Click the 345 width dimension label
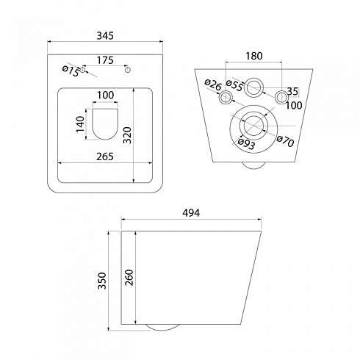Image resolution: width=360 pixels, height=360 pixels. click(x=105, y=36)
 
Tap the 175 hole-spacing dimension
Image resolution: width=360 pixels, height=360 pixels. click(x=105, y=60)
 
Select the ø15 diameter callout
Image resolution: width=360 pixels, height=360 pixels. click(x=71, y=71)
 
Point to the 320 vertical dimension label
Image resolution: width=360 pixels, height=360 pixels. click(x=127, y=135)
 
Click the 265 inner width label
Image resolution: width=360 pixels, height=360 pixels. click(x=105, y=156)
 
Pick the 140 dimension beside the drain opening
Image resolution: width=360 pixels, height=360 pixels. click(x=80, y=124)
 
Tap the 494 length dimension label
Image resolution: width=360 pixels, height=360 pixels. click(x=191, y=213)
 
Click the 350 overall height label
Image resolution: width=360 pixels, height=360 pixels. click(x=102, y=281)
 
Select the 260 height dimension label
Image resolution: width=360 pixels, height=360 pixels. click(x=129, y=278)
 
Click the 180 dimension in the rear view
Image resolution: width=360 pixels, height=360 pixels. click(x=254, y=56)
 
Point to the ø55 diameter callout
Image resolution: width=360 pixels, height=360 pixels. click(x=234, y=85)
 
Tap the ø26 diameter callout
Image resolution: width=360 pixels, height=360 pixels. click(x=213, y=84)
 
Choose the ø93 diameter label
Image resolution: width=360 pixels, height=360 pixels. click(x=246, y=144)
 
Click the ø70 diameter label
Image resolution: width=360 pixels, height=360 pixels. click(x=285, y=141)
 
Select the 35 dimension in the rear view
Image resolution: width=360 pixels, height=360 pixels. click(x=293, y=91)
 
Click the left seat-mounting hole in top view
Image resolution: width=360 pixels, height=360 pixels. click(x=83, y=70)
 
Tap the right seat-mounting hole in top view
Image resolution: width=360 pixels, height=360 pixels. click(x=127, y=70)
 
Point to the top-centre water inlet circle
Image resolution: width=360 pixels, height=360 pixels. click(x=254, y=87)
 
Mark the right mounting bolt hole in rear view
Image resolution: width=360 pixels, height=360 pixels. click(x=281, y=97)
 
